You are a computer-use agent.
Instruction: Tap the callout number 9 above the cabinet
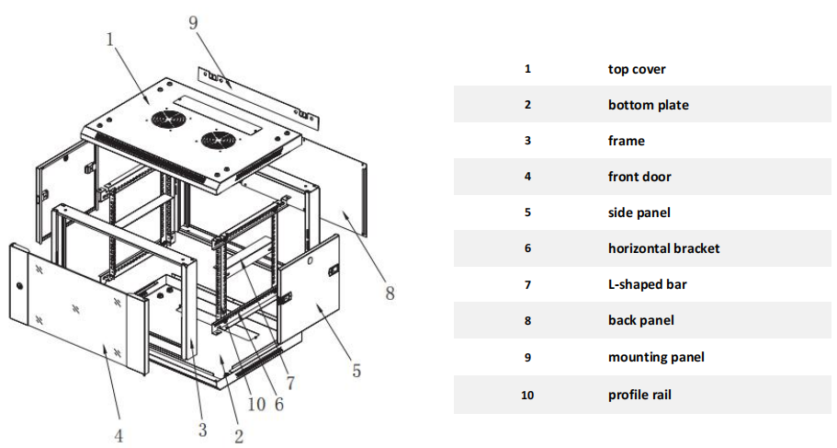tap(194, 23)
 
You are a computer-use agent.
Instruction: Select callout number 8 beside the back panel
tap(390, 293)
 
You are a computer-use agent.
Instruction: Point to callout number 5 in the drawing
tap(356, 371)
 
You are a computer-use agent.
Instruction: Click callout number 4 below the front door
tap(119, 435)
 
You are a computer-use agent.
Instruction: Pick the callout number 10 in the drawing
tap(255, 403)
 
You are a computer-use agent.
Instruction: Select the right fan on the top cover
tap(217, 142)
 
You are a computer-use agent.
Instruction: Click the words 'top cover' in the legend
tap(636, 69)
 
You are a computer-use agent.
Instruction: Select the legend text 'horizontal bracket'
tap(663, 248)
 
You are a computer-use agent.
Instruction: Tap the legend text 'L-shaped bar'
tap(647, 284)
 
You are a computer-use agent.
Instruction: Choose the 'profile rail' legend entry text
tap(639, 395)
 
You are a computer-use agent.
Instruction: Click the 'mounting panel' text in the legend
tap(655, 357)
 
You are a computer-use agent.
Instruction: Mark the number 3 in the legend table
tap(527, 141)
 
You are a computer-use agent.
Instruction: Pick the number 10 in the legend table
tap(527, 395)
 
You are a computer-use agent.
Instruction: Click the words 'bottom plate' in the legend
tap(648, 105)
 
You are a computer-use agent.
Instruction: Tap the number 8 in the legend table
tap(527, 320)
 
